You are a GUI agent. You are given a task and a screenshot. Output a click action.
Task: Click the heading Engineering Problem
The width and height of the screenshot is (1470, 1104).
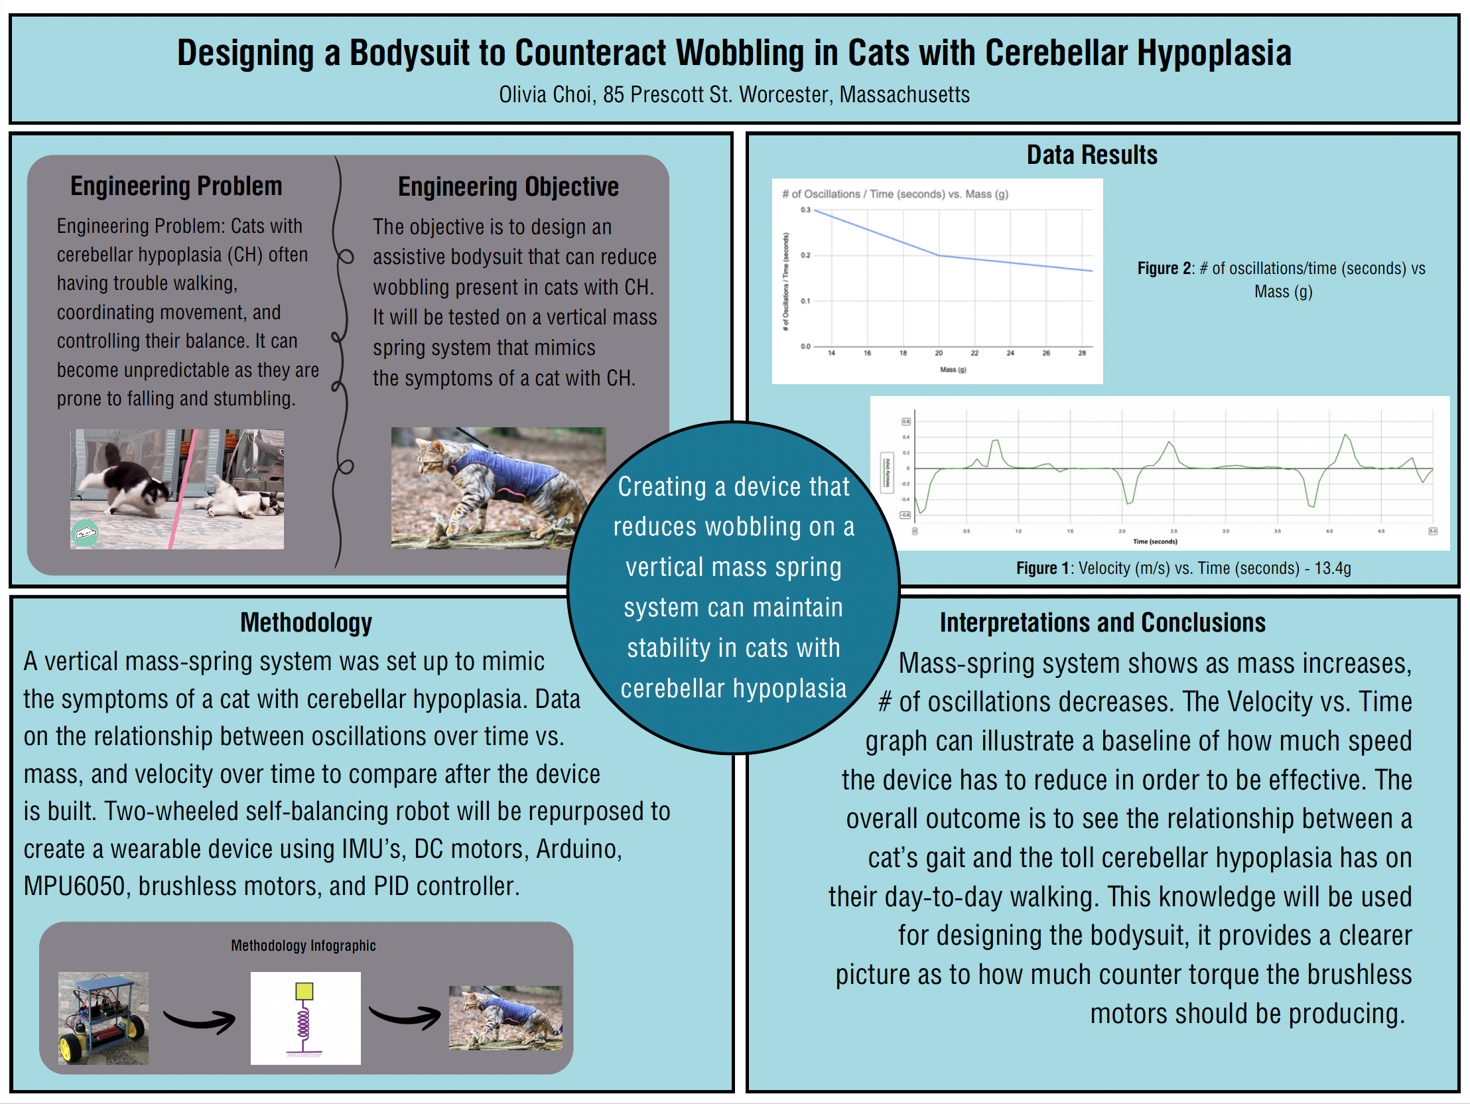pyautogui.click(x=176, y=186)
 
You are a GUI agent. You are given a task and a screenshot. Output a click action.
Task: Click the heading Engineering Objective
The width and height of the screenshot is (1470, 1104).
pyautogui.click(x=507, y=187)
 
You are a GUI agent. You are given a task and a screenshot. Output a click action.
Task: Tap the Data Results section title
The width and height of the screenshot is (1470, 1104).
pyautogui.click(x=1091, y=155)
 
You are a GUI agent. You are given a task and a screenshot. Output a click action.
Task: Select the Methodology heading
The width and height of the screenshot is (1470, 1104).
pyautogui.click(x=306, y=623)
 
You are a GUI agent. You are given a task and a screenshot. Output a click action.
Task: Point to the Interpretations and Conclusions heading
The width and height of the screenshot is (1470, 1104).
pyautogui.click(x=1102, y=623)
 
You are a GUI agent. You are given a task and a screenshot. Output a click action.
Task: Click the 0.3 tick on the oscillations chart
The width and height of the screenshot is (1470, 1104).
pyautogui.click(x=805, y=210)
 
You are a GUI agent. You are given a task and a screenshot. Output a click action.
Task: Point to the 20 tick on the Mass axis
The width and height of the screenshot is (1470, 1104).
pyautogui.click(x=939, y=353)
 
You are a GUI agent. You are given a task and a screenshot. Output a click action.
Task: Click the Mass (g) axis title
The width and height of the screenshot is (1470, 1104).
pyautogui.click(x=953, y=370)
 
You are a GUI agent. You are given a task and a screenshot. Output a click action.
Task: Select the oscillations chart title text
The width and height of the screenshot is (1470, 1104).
pyautogui.click(x=894, y=194)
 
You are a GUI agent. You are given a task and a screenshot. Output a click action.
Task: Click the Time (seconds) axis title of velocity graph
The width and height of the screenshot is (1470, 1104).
pyautogui.click(x=1155, y=541)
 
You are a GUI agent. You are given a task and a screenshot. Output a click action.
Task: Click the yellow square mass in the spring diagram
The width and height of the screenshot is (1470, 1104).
pyautogui.click(x=304, y=991)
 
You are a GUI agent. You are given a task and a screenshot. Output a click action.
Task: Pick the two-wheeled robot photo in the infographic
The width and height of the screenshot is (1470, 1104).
pyautogui.click(x=103, y=1018)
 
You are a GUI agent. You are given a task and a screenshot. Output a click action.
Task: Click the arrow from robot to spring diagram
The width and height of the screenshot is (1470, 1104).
pyautogui.click(x=200, y=1019)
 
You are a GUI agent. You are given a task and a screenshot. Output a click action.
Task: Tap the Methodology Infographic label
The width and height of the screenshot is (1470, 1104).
pyautogui.click(x=303, y=945)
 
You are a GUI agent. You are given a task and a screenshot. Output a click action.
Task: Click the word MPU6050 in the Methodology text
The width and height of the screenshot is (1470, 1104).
pyautogui.click(x=74, y=886)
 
